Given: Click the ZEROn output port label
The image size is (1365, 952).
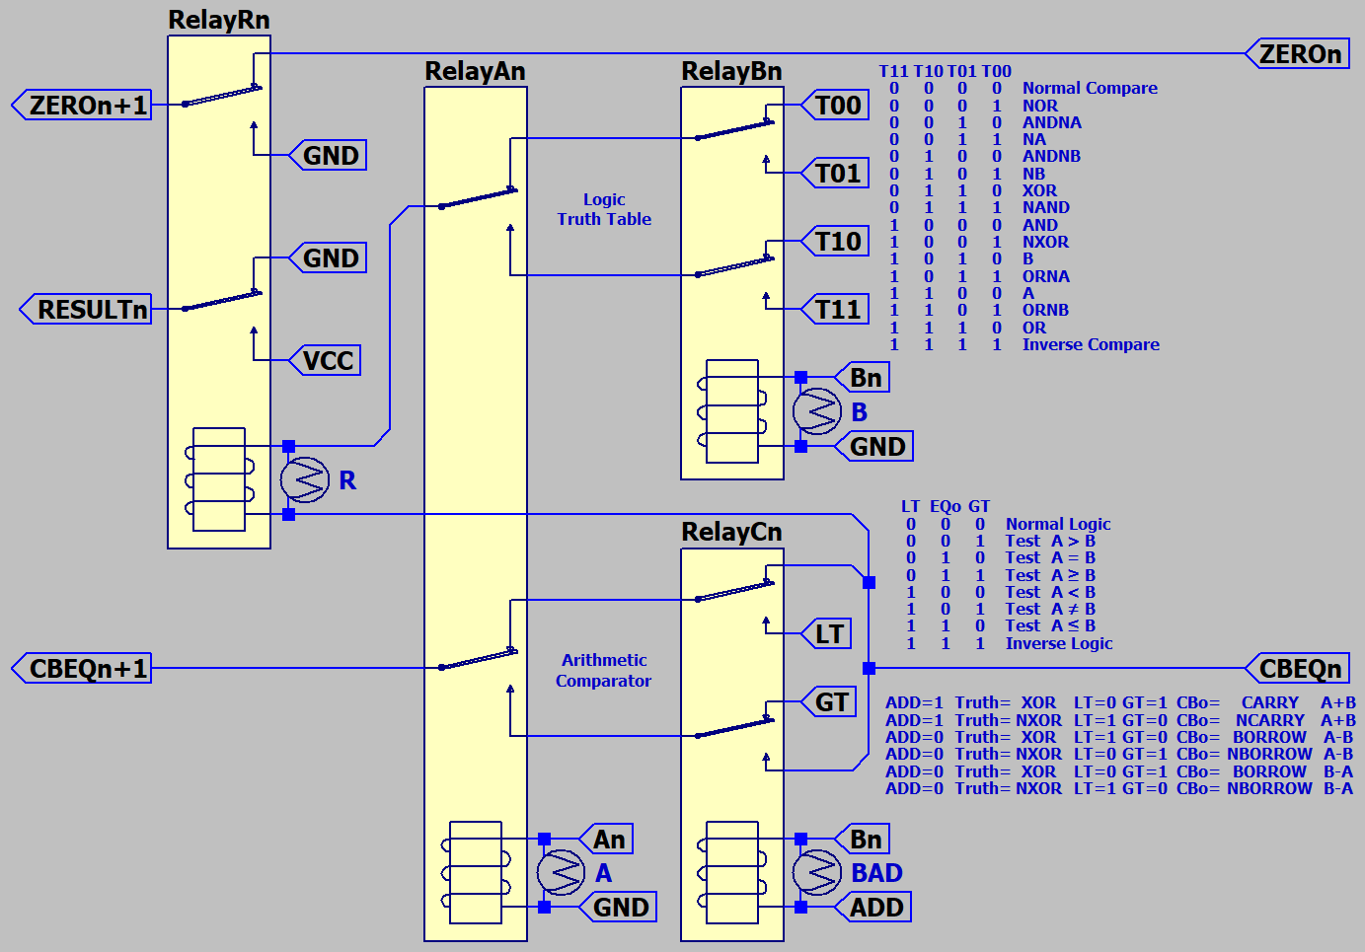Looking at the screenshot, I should coord(1300,54).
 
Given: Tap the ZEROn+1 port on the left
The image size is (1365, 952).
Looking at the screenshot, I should coord(87,105).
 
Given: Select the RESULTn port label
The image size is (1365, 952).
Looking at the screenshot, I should coord(91,310).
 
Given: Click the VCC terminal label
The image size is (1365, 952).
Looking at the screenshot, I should coord(328,360).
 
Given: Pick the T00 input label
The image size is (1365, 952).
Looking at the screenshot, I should coord(838,105).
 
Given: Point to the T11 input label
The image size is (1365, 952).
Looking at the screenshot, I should coord(838,310).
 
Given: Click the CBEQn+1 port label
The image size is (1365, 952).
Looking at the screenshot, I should coord(87,669).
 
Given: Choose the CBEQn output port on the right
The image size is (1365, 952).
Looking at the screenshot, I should coord(1300,669).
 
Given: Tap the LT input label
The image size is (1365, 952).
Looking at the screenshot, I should coord(829,633).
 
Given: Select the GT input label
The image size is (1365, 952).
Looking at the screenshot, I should coord(831,701).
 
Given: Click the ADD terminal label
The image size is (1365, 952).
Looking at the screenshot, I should coord(876,908).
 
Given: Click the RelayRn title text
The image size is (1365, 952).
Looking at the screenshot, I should coord(219,20).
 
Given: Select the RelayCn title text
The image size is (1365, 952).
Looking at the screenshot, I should coord(731,532).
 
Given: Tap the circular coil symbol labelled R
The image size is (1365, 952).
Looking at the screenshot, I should coord(304,480).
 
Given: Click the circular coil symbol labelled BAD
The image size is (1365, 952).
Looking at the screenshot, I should coord(817,873).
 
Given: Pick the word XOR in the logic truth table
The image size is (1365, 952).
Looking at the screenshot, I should coord(1039,190).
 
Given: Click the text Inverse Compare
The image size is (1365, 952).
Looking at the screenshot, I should coord(1091,344).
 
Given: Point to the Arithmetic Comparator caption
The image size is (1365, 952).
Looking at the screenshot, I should coord(604,670).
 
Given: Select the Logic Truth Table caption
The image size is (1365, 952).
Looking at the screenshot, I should coord(604,209).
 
